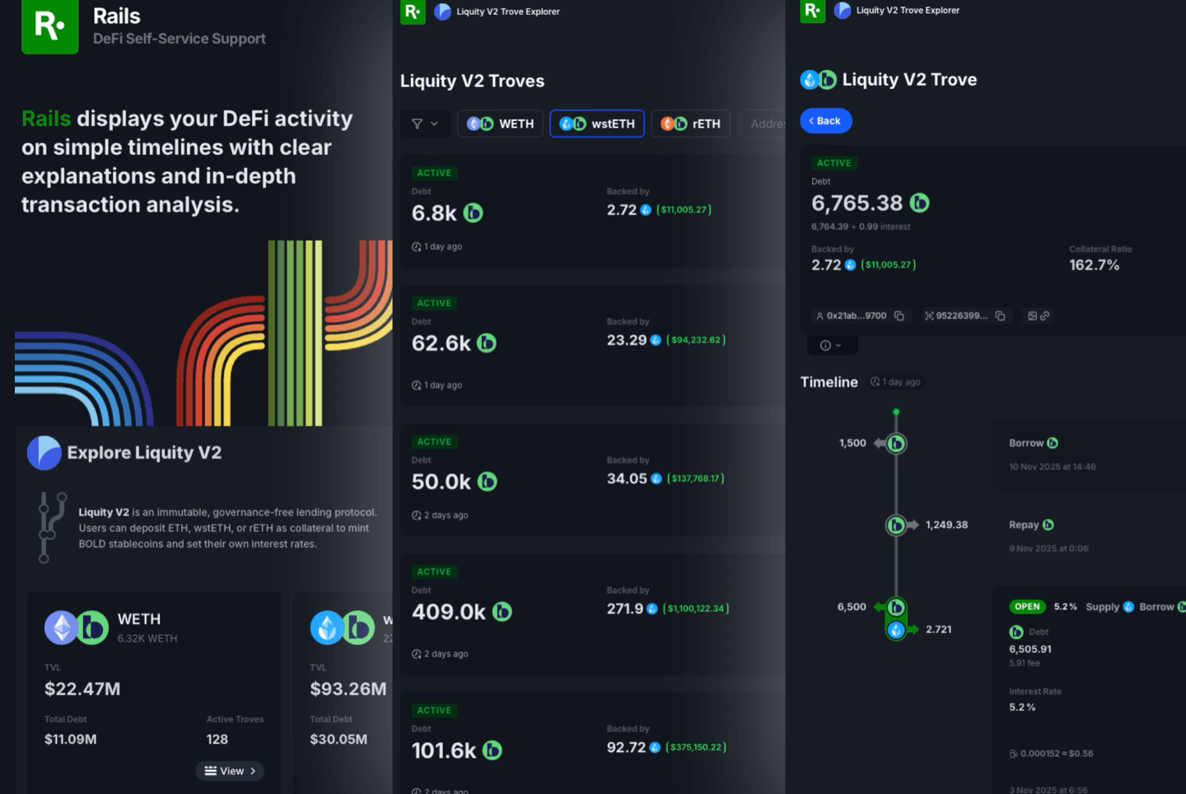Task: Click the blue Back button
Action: click(826, 121)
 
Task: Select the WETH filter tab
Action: click(501, 124)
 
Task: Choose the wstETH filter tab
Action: click(597, 124)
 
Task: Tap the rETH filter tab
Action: click(691, 124)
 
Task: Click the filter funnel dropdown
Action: click(425, 124)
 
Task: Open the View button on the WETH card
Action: click(230, 771)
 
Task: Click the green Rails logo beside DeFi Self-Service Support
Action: click(49, 26)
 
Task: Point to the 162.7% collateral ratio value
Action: click(1094, 265)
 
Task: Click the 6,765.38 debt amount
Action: click(857, 203)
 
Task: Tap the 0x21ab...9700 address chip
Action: click(857, 315)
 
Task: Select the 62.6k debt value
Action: click(441, 343)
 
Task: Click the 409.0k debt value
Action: click(449, 612)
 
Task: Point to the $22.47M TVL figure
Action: click(82, 689)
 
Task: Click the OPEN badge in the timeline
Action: click(1027, 607)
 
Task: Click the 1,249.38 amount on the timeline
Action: click(946, 525)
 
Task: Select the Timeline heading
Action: click(829, 382)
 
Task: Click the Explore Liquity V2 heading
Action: click(144, 453)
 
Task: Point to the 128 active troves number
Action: click(217, 740)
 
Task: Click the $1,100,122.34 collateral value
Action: click(696, 609)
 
